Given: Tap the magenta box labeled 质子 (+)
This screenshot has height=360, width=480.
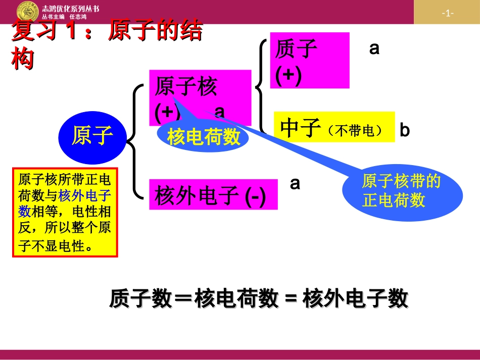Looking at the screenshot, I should tap(309, 60).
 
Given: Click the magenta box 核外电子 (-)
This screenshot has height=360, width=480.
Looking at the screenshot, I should tap(213, 195).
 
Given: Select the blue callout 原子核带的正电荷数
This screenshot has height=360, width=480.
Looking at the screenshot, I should tap(402, 191).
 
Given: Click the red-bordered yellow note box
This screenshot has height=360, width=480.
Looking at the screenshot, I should tap(65, 213).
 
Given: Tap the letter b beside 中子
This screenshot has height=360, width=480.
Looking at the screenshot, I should tap(405, 130).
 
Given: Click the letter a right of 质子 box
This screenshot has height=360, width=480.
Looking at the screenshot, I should tap(374, 48).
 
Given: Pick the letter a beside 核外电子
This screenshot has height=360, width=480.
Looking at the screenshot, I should tap(295, 183).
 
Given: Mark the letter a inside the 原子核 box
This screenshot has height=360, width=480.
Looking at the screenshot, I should tap(220, 111).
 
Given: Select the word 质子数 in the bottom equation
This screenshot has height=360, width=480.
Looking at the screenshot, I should tap(130, 299).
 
